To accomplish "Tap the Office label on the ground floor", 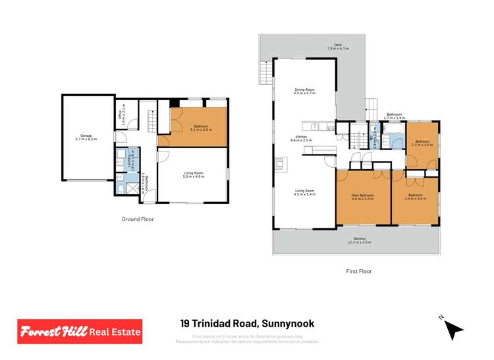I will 122,118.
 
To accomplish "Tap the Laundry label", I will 131,159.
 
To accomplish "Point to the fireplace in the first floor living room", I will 282,164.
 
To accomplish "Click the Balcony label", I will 360,240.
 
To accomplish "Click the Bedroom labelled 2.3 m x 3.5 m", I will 421,143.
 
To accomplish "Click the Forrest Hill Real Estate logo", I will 79,332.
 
